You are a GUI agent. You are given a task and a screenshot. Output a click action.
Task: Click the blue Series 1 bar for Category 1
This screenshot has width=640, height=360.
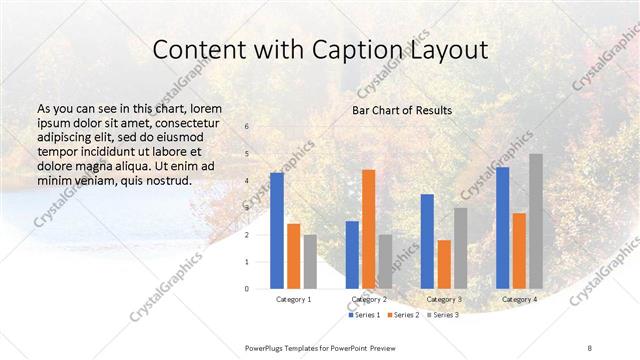277,231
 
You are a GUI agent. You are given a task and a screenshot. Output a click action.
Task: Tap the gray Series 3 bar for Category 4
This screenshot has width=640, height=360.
536,221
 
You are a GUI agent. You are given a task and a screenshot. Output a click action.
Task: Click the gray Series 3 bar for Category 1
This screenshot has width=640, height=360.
310,262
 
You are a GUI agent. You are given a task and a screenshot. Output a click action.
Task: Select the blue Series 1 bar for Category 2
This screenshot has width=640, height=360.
352,255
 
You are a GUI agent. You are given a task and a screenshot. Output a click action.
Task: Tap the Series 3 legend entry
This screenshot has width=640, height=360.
442,315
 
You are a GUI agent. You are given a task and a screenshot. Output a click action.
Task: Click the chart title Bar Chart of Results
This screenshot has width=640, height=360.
401,110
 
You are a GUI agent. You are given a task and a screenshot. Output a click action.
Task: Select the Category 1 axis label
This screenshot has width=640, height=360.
293,299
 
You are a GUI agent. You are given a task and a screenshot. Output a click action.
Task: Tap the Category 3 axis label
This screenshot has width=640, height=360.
444,299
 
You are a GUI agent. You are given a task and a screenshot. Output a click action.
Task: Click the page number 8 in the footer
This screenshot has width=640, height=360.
589,346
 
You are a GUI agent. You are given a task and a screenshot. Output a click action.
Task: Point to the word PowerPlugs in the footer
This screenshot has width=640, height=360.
266,346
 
